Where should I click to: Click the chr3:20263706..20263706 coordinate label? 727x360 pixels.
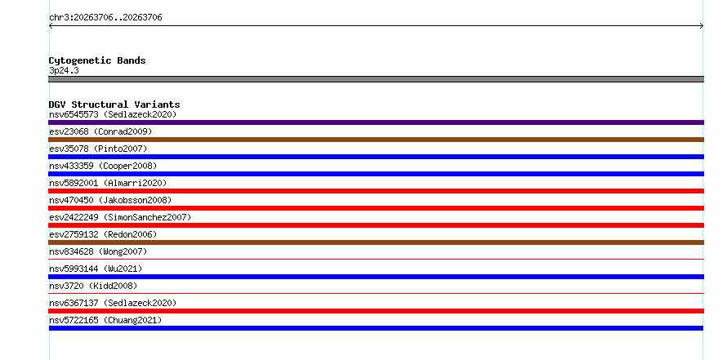click(105, 18)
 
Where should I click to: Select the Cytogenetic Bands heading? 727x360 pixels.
click(97, 60)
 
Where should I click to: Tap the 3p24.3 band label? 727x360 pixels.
click(64, 70)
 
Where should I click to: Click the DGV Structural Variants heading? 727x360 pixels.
click(114, 104)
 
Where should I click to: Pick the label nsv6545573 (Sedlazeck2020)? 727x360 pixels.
click(113, 114)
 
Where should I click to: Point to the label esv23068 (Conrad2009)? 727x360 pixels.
click(100, 131)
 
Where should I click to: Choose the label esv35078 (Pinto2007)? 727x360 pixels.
click(98, 149)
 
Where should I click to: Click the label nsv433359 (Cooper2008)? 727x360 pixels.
click(103, 166)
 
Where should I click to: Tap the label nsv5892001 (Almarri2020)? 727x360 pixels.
click(108, 183)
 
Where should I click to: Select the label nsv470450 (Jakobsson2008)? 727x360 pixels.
click(110, 200)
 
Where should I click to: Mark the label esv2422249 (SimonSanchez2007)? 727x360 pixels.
click(120, 217)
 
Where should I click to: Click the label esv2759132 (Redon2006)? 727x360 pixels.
click(103, 234)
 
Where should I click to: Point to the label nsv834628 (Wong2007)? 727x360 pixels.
click(98, 251)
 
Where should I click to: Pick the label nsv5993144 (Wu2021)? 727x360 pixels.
click(96, 269)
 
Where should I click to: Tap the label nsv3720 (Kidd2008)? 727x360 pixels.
click(93, 286)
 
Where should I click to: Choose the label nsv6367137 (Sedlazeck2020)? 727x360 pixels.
click(113, 303)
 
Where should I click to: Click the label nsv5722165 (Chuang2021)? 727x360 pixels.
click(105, 320)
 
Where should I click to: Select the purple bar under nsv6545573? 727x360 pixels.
click(376, 122)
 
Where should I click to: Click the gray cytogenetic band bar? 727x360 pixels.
click(376, 79)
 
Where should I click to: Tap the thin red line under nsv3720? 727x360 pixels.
click(376, 293)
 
